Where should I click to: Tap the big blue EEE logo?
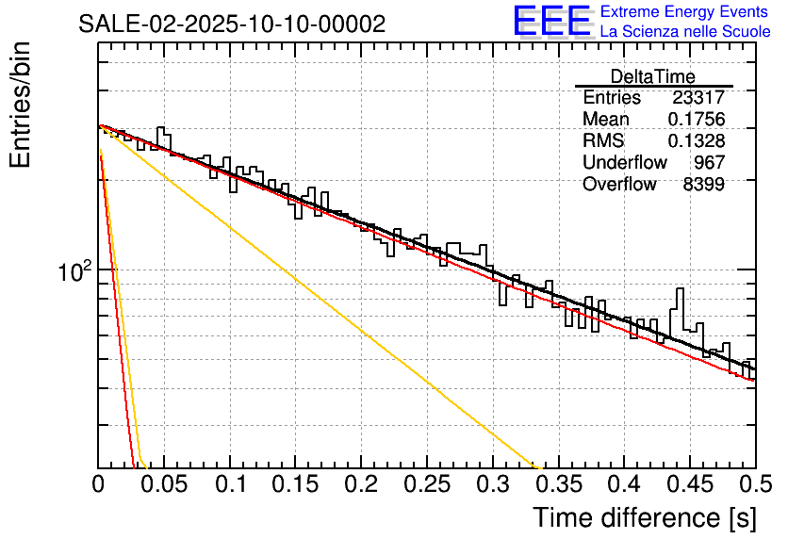click(552, 21)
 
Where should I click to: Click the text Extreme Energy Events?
click(684, 12)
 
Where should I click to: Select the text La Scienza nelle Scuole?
click(684, 31)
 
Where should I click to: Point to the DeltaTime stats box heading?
click(652, 76)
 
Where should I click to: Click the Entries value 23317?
click(698, 98)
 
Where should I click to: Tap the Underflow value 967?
click(708, 163)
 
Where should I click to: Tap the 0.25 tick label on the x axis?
click(426, 484)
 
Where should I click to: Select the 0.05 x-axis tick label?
click(163, 484)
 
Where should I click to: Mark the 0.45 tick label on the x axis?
click(689, 484)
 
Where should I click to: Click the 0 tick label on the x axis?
click(99, 484)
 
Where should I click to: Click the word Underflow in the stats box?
click(624, 163)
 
